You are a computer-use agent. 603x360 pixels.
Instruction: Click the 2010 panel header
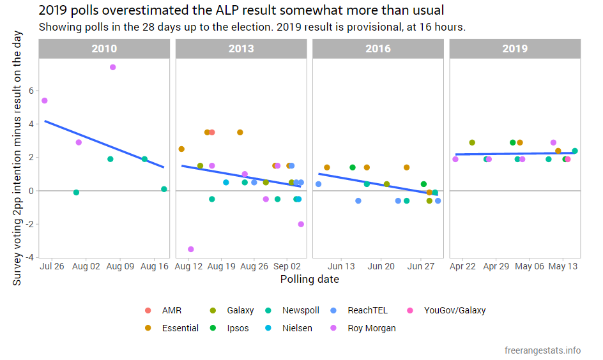click(x=103, y=49)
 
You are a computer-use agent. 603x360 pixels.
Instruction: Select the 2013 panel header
click(x=241, y=49)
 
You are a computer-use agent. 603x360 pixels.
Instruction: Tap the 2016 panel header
click(x=378, y=49)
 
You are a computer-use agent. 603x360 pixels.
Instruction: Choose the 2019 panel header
click(x=515, y=49)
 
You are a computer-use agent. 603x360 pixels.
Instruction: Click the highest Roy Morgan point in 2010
click(x=112, y=67)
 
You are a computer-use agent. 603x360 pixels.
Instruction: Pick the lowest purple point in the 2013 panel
click(x=191, y=249)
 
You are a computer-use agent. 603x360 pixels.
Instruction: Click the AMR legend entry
click(x=171, y=311)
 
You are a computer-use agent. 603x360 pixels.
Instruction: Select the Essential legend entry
click(x=179, y=329)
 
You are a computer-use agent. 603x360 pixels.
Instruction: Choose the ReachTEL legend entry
click(x=367, y=311)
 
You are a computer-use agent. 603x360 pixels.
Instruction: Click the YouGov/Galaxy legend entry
click(x=455, y=311)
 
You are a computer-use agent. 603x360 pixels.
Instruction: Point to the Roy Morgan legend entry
click(x=371, y=329)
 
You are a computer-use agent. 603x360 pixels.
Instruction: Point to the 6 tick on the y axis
click(x=31, y=91)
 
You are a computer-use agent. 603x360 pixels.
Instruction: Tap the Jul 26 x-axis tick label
click(x=52, y=266)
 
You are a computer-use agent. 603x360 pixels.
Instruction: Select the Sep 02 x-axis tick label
click(x=286, y=266)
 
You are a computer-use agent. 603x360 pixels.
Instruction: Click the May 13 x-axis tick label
click(x=564, y=266)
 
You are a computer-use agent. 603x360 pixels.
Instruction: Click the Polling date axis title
click(x=309, y=280)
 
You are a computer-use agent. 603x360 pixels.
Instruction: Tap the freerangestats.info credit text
click(x=542, y=350)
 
